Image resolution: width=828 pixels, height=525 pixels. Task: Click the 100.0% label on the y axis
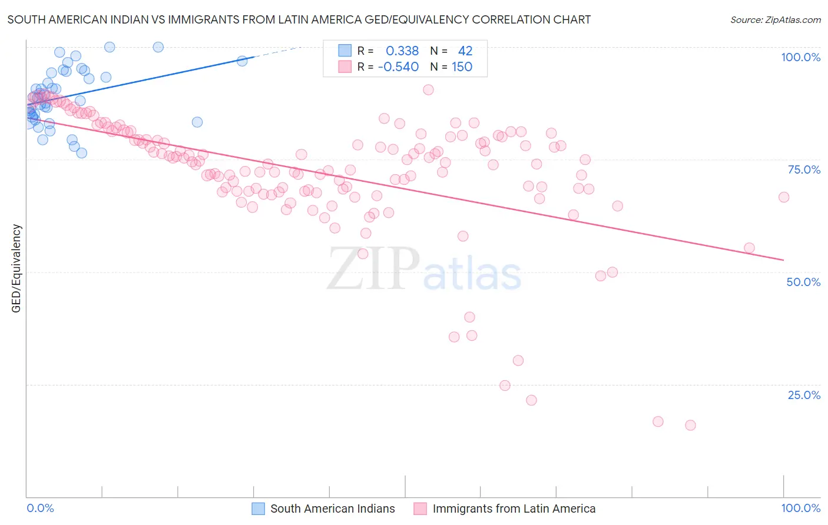pos(800,57)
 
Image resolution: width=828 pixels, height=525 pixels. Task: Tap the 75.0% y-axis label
pos(804,170)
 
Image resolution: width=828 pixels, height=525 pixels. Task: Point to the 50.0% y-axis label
pos(803,282)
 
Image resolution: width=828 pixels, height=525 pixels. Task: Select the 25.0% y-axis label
pos(804,394)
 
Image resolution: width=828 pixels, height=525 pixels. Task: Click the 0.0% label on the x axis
pos(40,508)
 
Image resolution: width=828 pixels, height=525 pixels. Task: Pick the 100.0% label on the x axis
pos(800,508)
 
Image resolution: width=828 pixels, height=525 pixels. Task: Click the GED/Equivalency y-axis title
pos(16,268)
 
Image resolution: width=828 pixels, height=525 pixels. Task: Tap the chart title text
pos(299,19)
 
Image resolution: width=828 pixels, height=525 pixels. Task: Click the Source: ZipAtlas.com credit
pos(775,19)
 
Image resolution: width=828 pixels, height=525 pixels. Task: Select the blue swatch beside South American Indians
pos(259,509)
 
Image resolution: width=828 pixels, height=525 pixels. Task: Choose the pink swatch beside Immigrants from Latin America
pos(420,509)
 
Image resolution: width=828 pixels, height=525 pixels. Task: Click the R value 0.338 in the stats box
pos(402,51)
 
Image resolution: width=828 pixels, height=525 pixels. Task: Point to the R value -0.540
pos(398,67)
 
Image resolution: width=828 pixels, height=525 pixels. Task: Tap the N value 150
pos(462,67)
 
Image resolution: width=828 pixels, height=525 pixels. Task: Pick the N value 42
pos(465,51)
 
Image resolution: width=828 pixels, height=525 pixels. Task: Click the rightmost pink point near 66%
pos(783,197)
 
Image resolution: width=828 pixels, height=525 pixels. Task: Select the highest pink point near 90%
pos(428,89)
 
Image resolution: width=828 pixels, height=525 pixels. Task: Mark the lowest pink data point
pos(690,425)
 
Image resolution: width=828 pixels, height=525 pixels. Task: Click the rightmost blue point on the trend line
pos(241,61)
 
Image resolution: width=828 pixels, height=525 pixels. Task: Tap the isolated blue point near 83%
pos(197,122)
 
